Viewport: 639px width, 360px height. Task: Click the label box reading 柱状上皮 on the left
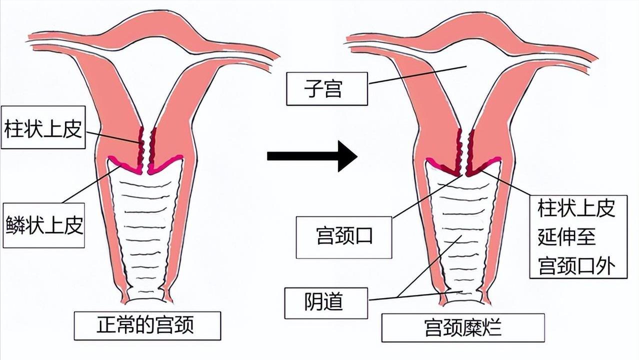point(43,127)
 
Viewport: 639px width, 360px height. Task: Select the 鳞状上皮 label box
point(43,225)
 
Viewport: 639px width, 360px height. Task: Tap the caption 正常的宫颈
point(147,325)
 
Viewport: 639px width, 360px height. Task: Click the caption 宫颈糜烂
point(462,327)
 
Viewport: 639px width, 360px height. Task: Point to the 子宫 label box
point(326,89)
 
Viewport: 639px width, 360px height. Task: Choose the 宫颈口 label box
point(344,236)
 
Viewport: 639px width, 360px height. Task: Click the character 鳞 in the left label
point(14,225)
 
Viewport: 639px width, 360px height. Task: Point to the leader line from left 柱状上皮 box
point(112,137)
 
